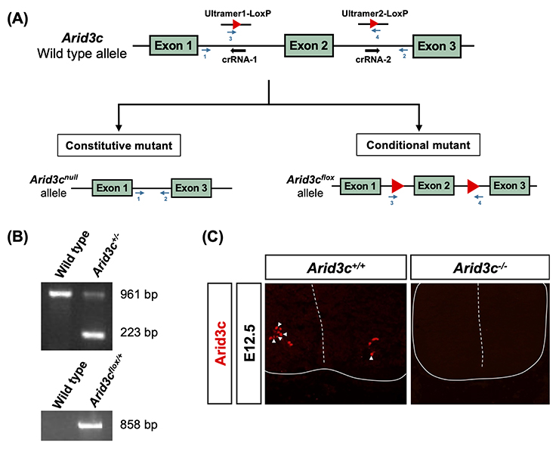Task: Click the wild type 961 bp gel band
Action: tap(59, 294)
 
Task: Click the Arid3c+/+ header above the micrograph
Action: tap(333, 267)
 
